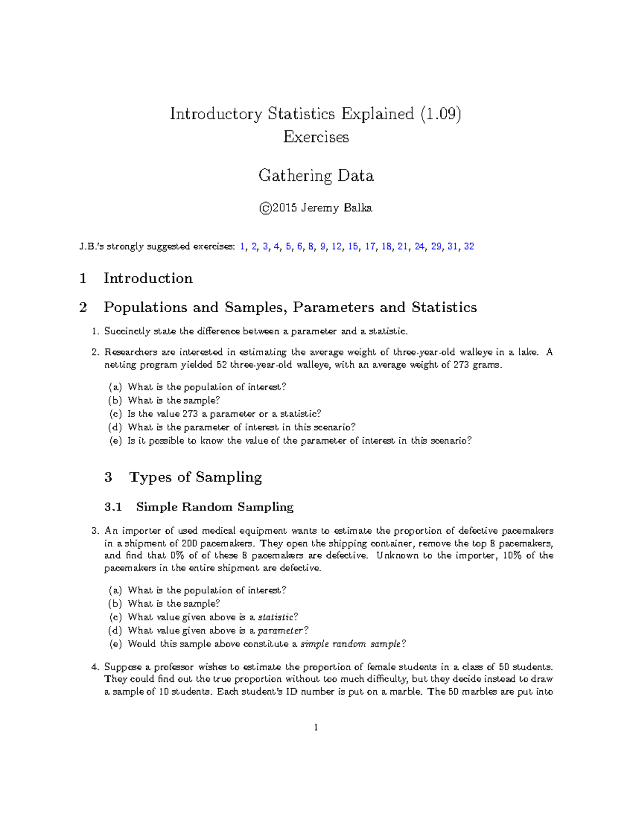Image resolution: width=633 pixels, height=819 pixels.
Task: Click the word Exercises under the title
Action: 316,137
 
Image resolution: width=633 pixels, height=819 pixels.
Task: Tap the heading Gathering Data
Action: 316,176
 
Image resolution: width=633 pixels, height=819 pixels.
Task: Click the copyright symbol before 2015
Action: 265,208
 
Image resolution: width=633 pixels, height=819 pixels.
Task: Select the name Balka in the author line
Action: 358,208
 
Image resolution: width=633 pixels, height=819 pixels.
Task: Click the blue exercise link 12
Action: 337,246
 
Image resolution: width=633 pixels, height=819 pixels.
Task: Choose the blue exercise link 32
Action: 468,246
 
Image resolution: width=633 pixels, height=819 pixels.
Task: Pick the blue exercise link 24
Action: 419,246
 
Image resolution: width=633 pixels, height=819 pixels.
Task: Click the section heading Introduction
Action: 148,278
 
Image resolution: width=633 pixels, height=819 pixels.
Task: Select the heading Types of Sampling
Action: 195,477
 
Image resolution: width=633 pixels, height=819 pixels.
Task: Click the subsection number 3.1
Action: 113,507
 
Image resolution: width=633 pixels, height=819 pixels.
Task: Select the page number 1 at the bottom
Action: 316,728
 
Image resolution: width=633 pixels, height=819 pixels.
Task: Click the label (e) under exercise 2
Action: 115,441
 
